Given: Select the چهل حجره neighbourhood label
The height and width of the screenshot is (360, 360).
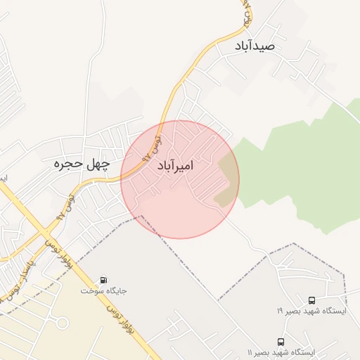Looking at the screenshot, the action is click(82, 165).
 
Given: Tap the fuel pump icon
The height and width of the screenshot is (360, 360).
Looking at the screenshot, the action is click(105, 279).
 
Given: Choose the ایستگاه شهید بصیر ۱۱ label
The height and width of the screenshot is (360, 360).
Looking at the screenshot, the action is click(281, 352).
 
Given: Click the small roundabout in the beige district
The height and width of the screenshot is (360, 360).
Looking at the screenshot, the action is click(63, 323).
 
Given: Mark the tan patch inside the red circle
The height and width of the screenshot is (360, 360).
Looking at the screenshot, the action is click(227, 181).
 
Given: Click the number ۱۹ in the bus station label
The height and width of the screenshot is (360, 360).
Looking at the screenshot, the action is click(279, 309).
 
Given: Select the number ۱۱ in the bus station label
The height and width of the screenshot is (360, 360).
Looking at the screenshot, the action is click(250, 352).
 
